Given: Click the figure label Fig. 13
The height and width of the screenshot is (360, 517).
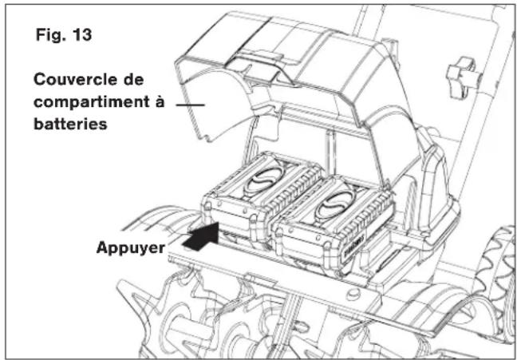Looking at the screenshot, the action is (x=64, y=34).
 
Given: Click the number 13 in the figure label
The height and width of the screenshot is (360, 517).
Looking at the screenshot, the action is (x=81, y=34).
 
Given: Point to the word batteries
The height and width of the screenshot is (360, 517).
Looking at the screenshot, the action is (x=70, y=124).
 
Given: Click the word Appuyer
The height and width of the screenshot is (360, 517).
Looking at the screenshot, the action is (x=131, y=247).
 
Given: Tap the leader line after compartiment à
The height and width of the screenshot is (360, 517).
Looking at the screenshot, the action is (x=190, y=105).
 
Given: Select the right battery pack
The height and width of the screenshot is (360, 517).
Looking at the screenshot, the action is (x=333, y=224).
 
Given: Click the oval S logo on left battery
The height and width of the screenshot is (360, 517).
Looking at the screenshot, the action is (x=264, y=179).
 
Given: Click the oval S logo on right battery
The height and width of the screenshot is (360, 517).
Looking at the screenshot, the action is (x=335, y=204).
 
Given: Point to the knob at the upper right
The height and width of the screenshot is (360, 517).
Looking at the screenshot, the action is (x=462, y=77).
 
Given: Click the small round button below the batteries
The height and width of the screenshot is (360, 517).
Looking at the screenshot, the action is (x=354, y=293).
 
